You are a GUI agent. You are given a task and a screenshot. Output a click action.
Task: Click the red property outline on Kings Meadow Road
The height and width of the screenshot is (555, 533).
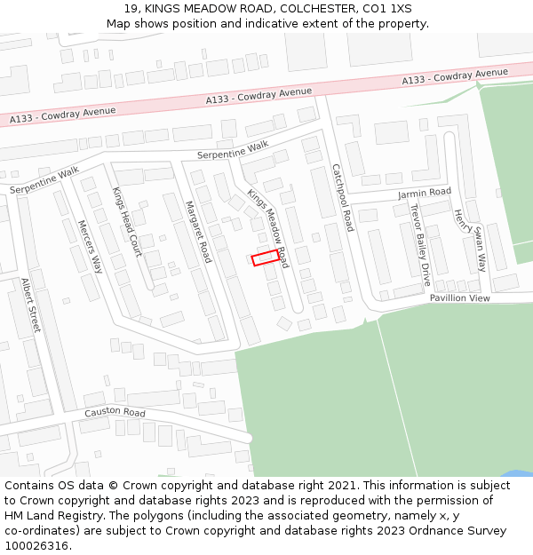pos(264,258)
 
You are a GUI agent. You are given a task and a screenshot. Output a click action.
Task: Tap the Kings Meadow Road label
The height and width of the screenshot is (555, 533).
pos(268,228)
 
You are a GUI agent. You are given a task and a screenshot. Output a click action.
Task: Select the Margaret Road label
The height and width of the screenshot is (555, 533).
pos(198,232)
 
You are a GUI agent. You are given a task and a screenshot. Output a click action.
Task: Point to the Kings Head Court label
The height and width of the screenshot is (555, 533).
pos(127,222)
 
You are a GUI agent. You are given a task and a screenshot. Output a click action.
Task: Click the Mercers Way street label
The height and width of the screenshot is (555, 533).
pos(91,246)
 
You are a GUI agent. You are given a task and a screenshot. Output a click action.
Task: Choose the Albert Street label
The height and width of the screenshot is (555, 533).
pos(31,305)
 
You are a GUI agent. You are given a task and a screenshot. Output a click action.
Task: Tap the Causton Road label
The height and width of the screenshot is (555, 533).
pos(115,413)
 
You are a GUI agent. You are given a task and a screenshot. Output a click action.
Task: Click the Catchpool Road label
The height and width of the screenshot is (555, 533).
pos(343,197)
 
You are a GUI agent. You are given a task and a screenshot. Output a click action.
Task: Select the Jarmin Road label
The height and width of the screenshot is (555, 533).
pos(425,192)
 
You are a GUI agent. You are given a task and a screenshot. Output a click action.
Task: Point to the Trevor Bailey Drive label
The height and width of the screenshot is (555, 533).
pos(419,243)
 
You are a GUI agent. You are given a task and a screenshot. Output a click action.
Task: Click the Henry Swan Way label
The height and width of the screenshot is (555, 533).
pos(471,240)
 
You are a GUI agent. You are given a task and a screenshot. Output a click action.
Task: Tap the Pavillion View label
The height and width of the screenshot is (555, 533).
pos(460,298)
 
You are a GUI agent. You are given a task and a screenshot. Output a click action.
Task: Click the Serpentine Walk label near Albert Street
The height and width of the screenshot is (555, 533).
pos(44,181)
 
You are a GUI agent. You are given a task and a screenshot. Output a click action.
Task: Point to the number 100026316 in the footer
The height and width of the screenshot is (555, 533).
pos(36,546)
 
